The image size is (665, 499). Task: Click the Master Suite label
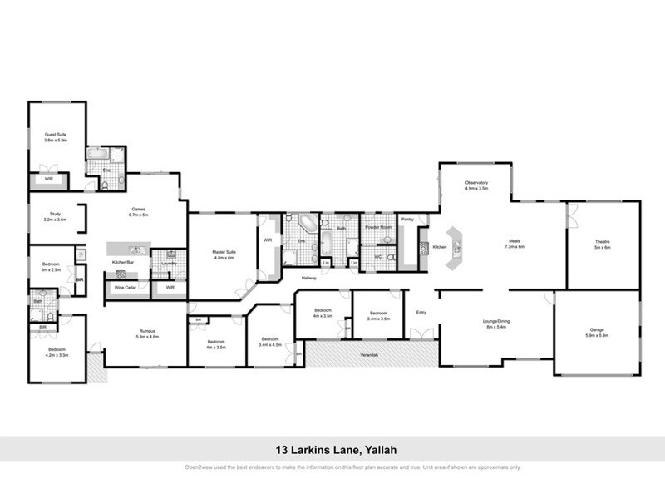coord(220,252)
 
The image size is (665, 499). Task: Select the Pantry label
coord(407,220)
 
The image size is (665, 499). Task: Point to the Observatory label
coord(476,183)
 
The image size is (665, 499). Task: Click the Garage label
coord(598,330)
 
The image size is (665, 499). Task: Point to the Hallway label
coord(309,278)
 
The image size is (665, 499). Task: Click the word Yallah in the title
coord(378,450)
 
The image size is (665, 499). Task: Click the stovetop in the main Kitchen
coord(423,247)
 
